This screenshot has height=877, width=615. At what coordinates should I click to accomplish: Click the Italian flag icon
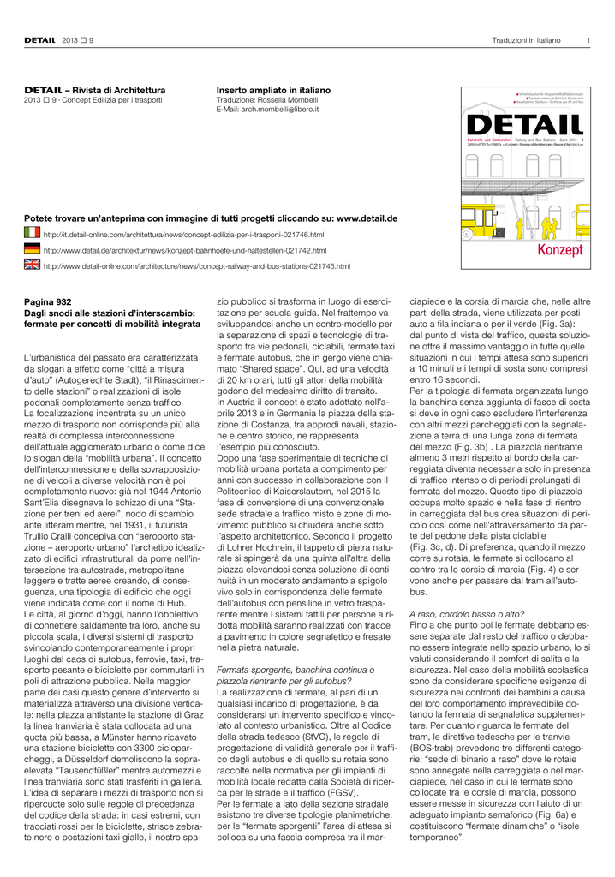point(31,233)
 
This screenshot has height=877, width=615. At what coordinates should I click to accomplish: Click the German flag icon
point(31,249)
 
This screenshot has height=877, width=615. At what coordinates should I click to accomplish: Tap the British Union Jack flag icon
point(31,265)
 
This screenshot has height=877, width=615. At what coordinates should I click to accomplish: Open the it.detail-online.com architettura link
point(183,234)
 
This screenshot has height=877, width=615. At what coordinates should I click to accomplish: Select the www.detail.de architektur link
point(184,250)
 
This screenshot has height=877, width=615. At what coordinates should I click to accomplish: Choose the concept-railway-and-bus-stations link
point(196,266)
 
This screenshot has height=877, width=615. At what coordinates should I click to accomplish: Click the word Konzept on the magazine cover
point(559,249)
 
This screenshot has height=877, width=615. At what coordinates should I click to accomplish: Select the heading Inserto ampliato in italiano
point(273,90)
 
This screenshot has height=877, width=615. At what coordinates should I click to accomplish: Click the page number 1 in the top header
point(588,40)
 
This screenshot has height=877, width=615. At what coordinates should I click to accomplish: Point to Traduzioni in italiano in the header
point(526,40)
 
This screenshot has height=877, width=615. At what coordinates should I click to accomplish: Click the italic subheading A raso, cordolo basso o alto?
point(463,614)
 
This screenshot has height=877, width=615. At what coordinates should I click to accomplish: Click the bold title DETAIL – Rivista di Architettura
point(94,90)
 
